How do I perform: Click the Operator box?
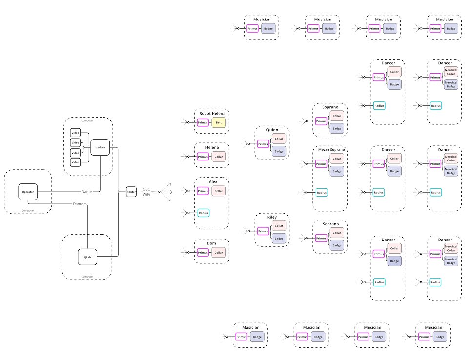point(28,192)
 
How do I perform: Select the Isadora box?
point(100,147)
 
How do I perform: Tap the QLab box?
point(87,257)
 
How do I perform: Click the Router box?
point(131,192)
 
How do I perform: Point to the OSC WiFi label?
point(146,192)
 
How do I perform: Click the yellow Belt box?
point(219,122)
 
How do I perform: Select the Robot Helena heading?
point(212,113)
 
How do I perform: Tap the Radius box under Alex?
point(203,212)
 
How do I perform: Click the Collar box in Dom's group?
point(219,252)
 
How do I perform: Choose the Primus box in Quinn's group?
point(263,144)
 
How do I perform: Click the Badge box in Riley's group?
point(279,239)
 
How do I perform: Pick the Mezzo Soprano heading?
point(330,151)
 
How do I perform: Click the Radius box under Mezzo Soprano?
point(322,193)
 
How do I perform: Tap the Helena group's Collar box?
point(219,157)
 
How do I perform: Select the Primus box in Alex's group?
point(203,191)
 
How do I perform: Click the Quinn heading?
point(272,130)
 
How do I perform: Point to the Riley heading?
point(272,217)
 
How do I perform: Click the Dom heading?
point(211,243)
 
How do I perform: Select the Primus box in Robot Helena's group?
point(203,122)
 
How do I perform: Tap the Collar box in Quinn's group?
point(279,139)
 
